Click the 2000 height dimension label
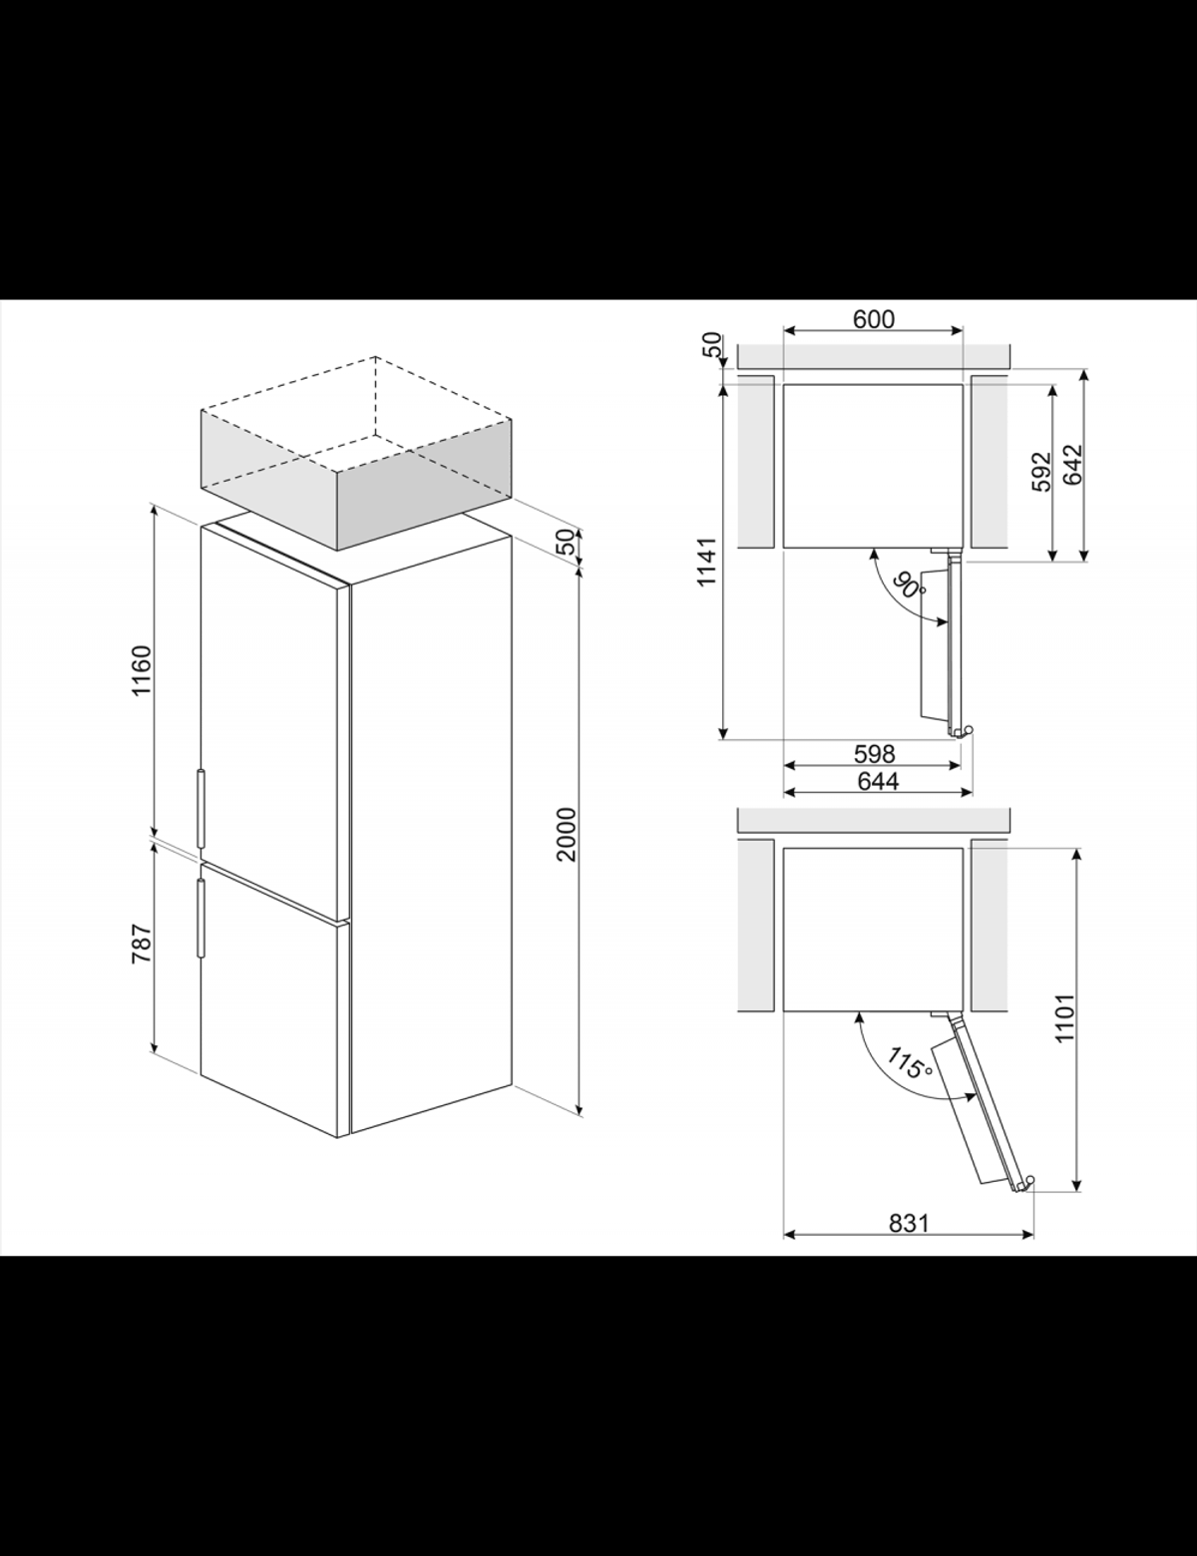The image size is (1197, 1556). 567,834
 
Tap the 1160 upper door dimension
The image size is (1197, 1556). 142,670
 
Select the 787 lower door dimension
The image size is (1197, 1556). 142,944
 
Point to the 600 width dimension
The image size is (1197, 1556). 874,318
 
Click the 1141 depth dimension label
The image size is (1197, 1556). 707,562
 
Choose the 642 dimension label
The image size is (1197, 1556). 1073,465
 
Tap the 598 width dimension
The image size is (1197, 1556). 874,753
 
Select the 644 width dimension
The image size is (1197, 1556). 878,781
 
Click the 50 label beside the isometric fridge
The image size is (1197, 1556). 567,542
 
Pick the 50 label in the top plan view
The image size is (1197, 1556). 711,345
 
